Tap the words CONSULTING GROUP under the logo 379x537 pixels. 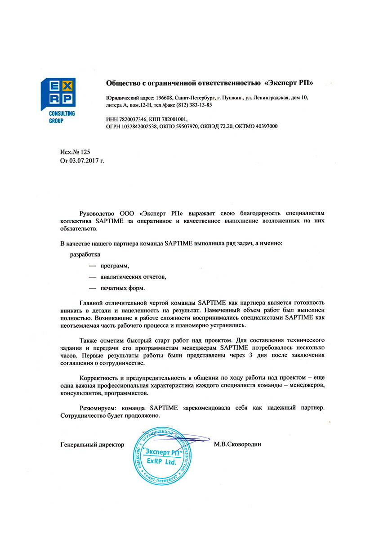click(x=62, y=117)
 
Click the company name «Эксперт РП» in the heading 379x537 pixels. click(x=289, y=83)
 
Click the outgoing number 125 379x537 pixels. click(x=86, y=153)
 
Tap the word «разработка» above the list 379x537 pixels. click(x=85, y=254)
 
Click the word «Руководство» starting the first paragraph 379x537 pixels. click(x=97, y=212)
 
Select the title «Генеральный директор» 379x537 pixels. click(x=92, y=444)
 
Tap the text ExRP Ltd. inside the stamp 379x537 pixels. click(x=161, y=462)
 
